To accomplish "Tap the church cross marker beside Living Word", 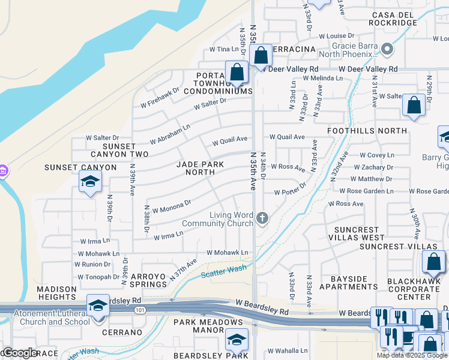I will [262, 218].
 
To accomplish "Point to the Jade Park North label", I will [195, 168].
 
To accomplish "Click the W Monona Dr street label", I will [172, 206].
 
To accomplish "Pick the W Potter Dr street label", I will [290, 192].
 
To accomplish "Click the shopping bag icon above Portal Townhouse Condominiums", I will [237, 72].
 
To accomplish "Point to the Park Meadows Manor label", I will [207, 326].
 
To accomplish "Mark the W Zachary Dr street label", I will [372, 167].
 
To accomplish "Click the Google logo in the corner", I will [19, 353].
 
